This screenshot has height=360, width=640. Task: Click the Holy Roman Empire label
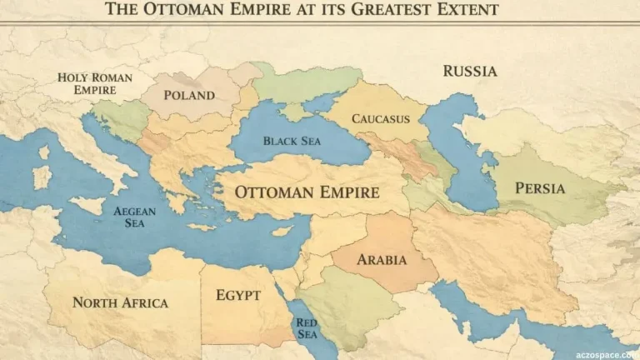94,83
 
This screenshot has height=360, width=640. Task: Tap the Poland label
189,95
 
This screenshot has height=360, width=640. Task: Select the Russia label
470,71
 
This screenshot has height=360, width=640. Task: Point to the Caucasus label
381,119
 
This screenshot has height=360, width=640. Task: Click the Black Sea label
292,141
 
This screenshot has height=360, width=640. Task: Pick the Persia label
540,188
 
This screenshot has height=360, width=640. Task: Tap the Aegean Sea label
134,217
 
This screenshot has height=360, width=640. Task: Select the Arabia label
382,260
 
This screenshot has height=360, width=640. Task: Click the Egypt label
238,295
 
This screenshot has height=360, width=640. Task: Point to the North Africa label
120,302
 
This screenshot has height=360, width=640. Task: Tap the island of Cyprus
282,231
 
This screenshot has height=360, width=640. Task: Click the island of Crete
202,227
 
